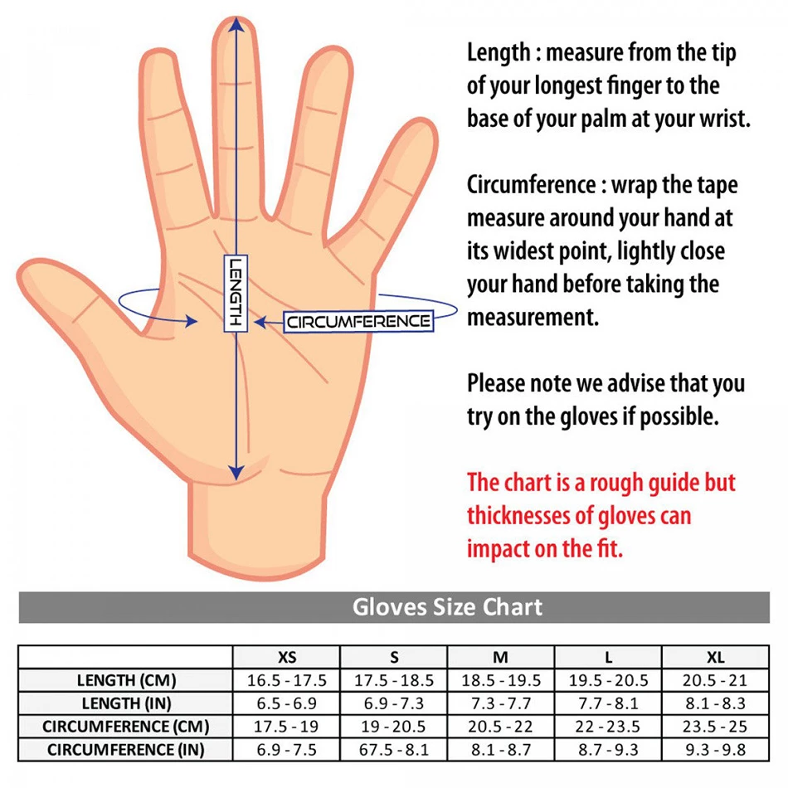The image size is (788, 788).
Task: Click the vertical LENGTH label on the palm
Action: coord(236,293)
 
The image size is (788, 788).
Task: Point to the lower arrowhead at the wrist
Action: coord(236,472)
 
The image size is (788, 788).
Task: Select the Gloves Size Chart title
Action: coord(447,606)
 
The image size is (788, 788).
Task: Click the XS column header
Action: coord(287,658)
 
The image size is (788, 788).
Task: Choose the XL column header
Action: coord(716,658)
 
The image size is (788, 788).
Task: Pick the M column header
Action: coord(501,658)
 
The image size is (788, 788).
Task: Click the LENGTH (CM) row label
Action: coord(126,681)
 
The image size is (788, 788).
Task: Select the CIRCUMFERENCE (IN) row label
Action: coord(126,751)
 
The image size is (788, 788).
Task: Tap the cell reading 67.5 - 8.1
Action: coord(394,751)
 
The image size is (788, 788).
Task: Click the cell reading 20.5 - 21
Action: coord(716,681)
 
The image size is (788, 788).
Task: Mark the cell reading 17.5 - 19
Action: coord(287,727)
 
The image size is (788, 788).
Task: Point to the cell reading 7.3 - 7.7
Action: coord(501,704)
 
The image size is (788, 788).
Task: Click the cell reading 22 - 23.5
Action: coord(609,727)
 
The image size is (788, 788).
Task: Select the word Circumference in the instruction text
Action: coord(531,185)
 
